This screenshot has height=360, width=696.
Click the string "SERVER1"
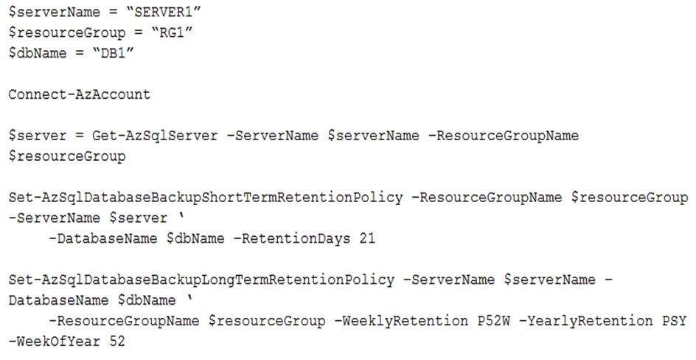tap(164, 12)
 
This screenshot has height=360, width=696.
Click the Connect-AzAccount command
tap(80, 94)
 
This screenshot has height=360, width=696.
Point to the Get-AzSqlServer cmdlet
tap(155, 136)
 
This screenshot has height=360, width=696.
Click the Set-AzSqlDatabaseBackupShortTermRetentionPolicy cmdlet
tap(206, 197)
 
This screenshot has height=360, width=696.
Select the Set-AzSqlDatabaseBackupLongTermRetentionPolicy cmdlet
tap(201, 280)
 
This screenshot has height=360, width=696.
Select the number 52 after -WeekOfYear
tap(117, 342)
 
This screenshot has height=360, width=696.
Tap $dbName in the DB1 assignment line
tap(38, 53)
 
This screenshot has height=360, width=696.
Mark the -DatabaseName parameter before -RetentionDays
tap(103, 238)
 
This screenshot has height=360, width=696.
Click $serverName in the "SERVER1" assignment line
tap(55, 12)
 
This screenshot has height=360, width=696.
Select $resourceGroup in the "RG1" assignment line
tap(67, 32)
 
